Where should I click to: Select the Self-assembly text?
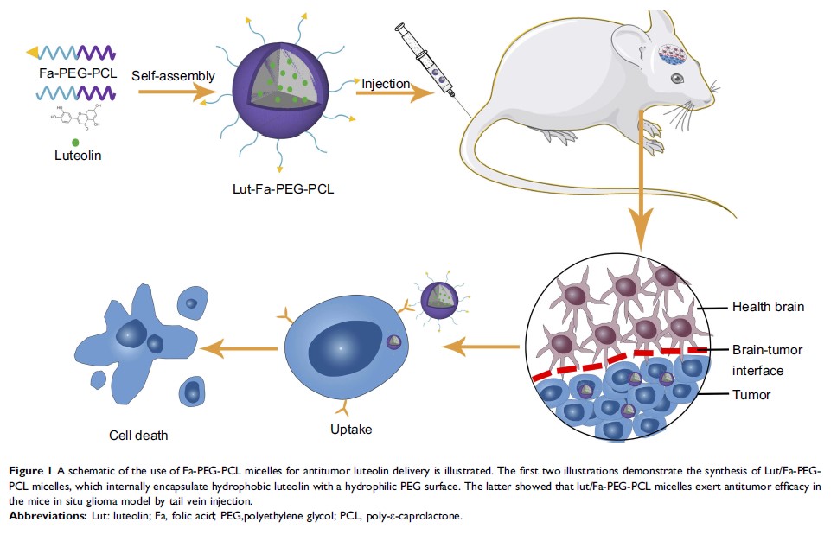pos(174,76)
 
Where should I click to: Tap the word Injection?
pos(386,83)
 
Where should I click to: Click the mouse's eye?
pos(677,78)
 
